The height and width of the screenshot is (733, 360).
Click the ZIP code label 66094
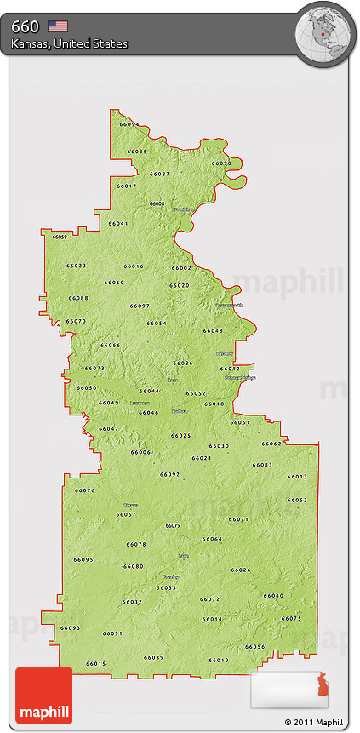pos(129,124)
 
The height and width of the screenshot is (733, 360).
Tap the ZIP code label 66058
pos(60,237)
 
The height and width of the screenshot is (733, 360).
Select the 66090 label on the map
pos(221,163)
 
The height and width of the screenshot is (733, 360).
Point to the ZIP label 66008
pos(157,203)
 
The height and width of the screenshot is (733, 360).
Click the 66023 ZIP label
pos(76,266)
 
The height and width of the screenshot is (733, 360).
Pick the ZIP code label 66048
pos(213,330)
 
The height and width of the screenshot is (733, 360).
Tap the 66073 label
pos(95,368)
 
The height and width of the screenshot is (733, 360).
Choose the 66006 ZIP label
pos(140,452)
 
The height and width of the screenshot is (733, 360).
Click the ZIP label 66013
pos(297,476)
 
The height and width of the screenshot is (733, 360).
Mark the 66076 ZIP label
pos(84,490)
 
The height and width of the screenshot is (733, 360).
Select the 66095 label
pos(83,559)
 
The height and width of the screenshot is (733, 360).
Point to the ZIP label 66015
pos(95,663)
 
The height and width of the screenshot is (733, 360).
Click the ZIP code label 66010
pos(219,660)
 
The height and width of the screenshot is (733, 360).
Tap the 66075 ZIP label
pos(291,618)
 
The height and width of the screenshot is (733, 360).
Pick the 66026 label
pos(241,570)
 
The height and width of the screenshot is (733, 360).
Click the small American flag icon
pos(58,26)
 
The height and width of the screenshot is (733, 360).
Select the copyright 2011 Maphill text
pos(317,722)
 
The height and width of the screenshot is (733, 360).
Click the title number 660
pos(26,26)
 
